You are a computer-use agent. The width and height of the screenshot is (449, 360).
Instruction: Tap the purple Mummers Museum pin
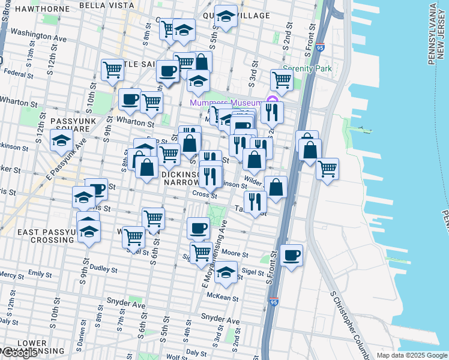coord(271,101)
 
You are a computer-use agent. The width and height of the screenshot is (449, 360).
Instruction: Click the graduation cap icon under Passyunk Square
coord(61,141)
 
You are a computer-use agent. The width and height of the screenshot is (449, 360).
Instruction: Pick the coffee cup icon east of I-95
coord(291,256)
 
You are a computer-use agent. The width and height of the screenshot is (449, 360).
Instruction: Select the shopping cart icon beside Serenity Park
coord(282,80)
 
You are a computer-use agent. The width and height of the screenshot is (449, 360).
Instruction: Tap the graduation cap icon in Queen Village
coord(226,18)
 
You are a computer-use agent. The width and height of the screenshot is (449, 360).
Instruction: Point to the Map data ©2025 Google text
coord(412,355)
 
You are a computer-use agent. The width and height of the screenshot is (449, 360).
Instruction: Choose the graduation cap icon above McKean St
coord(226,272)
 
